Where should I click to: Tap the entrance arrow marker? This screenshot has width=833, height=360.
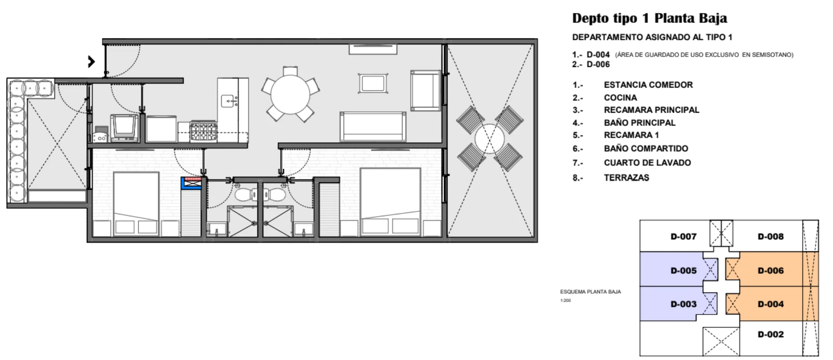[92, 61]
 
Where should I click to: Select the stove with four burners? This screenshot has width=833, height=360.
[204, 131]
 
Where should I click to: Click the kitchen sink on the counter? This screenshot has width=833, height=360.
[229, 100]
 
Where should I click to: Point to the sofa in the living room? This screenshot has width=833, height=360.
[373, 126]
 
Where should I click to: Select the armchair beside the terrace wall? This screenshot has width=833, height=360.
[425, 90]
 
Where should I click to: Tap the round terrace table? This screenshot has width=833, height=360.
[490, 139]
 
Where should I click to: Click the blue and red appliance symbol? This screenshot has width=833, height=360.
[192, 183]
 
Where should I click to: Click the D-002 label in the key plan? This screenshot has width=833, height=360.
[770, 334]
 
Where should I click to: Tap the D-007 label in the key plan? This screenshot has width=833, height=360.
[683, 237]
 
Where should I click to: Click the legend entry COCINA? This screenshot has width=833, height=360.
[620, 98]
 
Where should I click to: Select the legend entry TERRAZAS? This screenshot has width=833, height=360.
[626, 178]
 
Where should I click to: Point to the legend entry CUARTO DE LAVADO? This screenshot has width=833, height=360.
[647, 163]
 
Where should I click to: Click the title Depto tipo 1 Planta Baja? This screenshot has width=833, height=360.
[649, 19]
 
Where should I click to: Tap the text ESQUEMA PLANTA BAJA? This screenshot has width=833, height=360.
[590, 292]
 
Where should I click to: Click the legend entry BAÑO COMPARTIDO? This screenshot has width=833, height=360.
[646, 148]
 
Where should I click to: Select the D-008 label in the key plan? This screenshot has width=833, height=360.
[770, 237]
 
